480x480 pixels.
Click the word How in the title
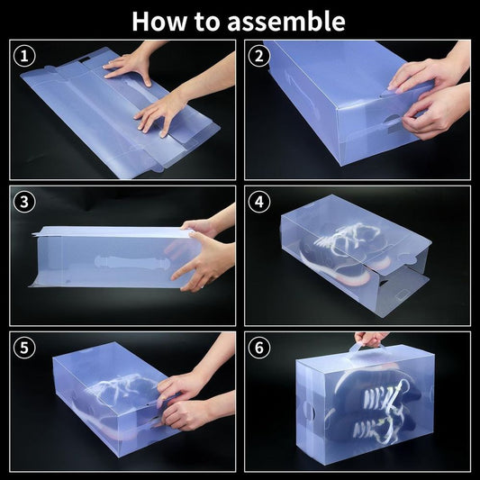tap(159, 21)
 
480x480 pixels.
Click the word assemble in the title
tap(286, 21)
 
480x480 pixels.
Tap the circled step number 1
tap(24, 56)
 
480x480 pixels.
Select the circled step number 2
tap(259, 56)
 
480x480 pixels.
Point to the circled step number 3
tap(24, 202)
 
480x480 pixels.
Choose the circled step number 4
tap(259, 202)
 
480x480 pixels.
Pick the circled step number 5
tap(24, 348)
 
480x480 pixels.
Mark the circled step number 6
tap(259, 348)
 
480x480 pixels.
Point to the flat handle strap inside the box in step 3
tap(131, 262)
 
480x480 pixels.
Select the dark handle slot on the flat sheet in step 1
tap(84, 60)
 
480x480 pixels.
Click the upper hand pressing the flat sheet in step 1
tap(129, 68)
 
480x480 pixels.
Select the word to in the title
tap(207, 22)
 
